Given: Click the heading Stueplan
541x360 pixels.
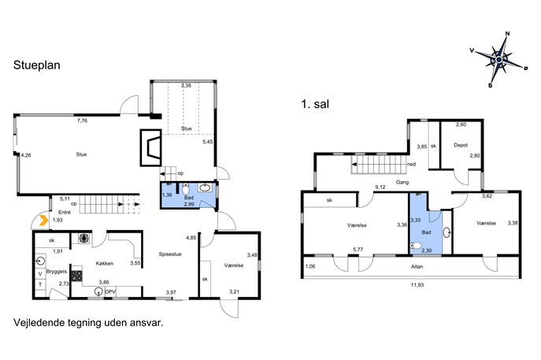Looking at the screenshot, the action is (36, 65).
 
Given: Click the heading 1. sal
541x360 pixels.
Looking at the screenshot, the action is (315, 104).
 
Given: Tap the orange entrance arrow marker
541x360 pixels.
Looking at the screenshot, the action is (43, 221).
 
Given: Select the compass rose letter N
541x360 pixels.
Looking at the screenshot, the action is (508, 34).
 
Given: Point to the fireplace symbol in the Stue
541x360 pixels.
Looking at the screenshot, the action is (150, 147).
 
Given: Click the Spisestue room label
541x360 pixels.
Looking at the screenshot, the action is (170, 254).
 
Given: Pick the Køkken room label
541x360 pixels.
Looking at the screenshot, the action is (104, 263).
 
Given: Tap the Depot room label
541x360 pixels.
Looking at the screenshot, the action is (461, 145).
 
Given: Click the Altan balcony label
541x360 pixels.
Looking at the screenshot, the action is (417, 266).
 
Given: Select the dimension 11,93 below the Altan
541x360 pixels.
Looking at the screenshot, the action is (417, 284).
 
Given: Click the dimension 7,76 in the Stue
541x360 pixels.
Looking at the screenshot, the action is (82, 121).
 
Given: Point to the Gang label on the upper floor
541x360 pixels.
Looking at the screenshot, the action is (402, 182).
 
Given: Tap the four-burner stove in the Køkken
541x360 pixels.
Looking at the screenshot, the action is (76, 276).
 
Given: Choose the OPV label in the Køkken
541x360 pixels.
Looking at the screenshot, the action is (110, 292).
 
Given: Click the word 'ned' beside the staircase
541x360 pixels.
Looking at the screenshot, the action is (411, 165).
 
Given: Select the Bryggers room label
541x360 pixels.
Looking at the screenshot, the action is (56, 272).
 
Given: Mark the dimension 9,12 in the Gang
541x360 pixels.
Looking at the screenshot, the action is (380, 187).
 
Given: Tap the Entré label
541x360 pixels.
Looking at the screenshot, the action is (65, 212).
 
